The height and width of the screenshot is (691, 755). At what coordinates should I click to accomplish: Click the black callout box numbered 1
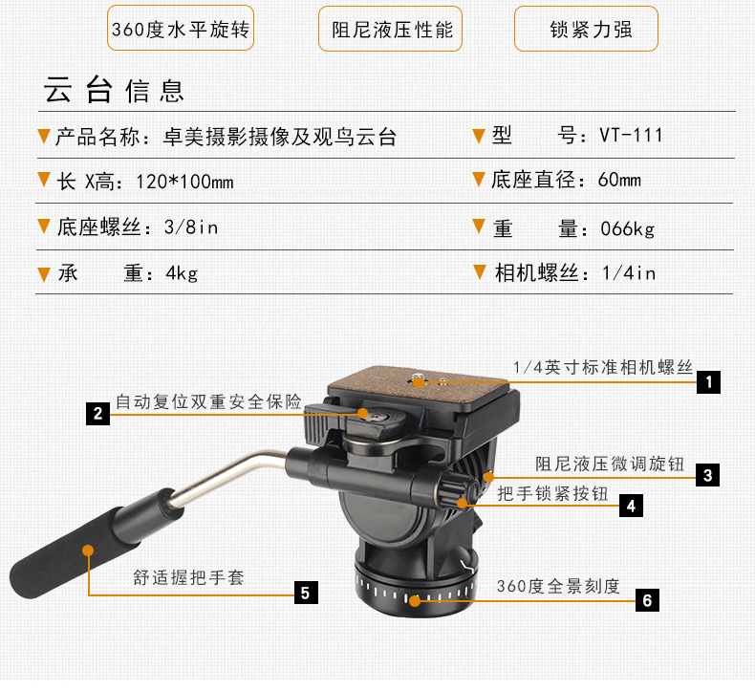click(x=708, y=382)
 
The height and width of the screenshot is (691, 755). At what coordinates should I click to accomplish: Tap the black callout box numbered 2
click(x=97, y=413)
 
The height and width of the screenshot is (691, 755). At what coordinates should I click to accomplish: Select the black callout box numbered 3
click(x=707, y=475)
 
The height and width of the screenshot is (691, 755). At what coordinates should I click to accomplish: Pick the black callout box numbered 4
click(x=631, y=506)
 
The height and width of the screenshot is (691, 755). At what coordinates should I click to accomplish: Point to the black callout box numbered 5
click(x=306, y=593)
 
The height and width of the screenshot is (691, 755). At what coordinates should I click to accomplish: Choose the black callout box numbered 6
click(x=647, y=600)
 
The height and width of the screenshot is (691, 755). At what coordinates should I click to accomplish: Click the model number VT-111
click(x=631, y=136)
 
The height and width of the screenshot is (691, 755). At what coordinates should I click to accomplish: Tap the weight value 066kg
click(x=627, y=228)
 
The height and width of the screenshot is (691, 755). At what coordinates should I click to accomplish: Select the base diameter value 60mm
click(x=619, y=180)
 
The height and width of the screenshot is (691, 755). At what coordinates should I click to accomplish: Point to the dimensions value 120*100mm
click(x=184, y=182)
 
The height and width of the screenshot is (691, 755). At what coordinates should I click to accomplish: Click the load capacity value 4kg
click(x=182, y=273)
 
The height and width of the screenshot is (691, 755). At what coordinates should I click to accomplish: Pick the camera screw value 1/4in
click(x=628, y=273)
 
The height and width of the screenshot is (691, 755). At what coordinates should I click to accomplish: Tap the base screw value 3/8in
click(x=191, y=227)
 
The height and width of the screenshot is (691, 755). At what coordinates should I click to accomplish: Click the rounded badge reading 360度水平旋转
click(x=181, y=28)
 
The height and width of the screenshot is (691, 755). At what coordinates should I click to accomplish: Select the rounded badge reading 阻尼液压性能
click(x=391, y=29)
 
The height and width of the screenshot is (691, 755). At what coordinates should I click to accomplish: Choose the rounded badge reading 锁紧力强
click(x=586, y=29)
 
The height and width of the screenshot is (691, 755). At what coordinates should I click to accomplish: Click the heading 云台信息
click(x=114, y=90)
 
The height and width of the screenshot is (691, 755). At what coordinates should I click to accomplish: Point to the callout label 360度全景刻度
click(x=558, y=586)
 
